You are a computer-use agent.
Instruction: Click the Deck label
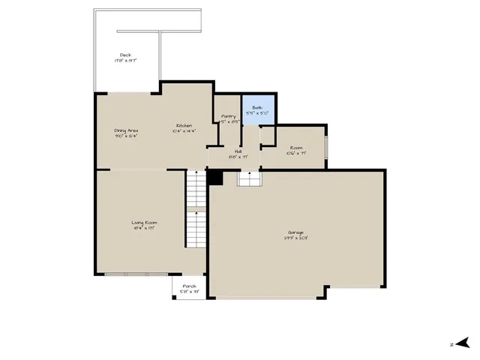(x=125, y=55)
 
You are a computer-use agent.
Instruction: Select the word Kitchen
(x=184, y=125)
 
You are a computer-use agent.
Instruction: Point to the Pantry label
(x=229, y=116)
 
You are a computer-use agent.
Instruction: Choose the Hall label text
(x=238, y=151)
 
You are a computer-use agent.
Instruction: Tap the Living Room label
(x=144, y=222)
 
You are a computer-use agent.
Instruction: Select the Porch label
(x=188, y=286)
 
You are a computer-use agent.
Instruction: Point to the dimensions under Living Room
(x=144, y=228)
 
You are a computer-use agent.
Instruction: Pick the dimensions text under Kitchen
(x=184, y=131)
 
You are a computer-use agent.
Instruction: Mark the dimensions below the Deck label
(x=125, y=61)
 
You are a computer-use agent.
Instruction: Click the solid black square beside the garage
(x=215, y=177)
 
